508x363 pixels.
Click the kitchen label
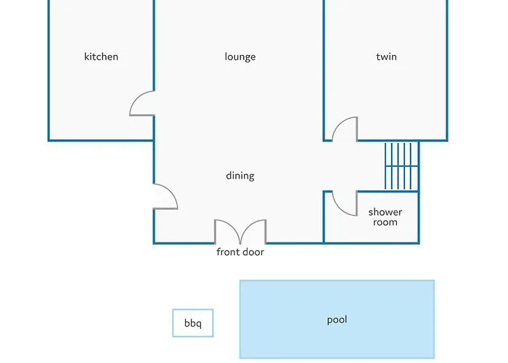(101, 57)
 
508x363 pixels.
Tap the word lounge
(240, 57)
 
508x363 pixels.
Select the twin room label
(387, 57)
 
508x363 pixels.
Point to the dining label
(240, 176)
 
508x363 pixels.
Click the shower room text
(385, 217)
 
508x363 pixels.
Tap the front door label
(240, 252)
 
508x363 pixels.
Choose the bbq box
(193, 323)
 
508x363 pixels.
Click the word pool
(337, 320)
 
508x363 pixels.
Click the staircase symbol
(401, 166)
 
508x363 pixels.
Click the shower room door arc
(340, 209)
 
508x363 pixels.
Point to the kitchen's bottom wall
(101, 140)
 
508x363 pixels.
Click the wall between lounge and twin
(324, 70)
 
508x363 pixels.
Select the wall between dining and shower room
(324, 217)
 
